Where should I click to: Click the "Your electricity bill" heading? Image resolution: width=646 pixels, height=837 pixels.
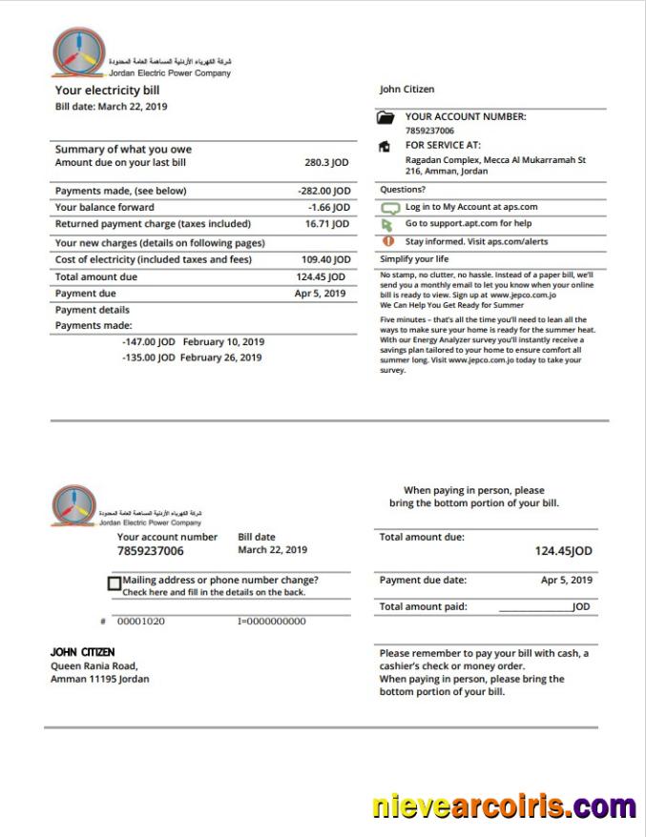[x=107, y=91]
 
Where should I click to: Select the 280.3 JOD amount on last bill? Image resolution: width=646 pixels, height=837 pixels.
[x=327, y=163]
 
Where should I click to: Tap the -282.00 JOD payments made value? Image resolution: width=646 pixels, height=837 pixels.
[x=323, y=191]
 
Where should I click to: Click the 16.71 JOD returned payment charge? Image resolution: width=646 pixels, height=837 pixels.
[x=327, y=224]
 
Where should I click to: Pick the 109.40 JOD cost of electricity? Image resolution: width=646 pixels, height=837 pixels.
[x=325, y=259]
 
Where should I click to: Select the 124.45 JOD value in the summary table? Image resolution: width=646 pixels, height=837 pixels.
[x=321, y=277]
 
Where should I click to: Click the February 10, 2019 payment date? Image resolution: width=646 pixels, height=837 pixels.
[x=222, y=341]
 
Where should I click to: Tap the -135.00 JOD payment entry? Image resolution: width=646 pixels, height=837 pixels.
[x=148, y=357]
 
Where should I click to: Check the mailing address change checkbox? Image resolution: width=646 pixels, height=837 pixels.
[x=115, y=583]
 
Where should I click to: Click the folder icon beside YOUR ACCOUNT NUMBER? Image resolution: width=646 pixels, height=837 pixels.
[x=386, y=118]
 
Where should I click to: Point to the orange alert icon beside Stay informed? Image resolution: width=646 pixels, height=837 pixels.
[x=386, y=242]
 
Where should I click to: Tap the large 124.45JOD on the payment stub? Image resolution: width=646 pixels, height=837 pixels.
[x=563, y=551]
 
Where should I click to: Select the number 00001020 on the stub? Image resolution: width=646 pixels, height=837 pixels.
[x=140, y=622]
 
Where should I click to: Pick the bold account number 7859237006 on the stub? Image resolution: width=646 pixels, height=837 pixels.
[x=151, y=551]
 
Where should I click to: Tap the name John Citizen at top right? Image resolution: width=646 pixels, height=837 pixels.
[x=406, y=90]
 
